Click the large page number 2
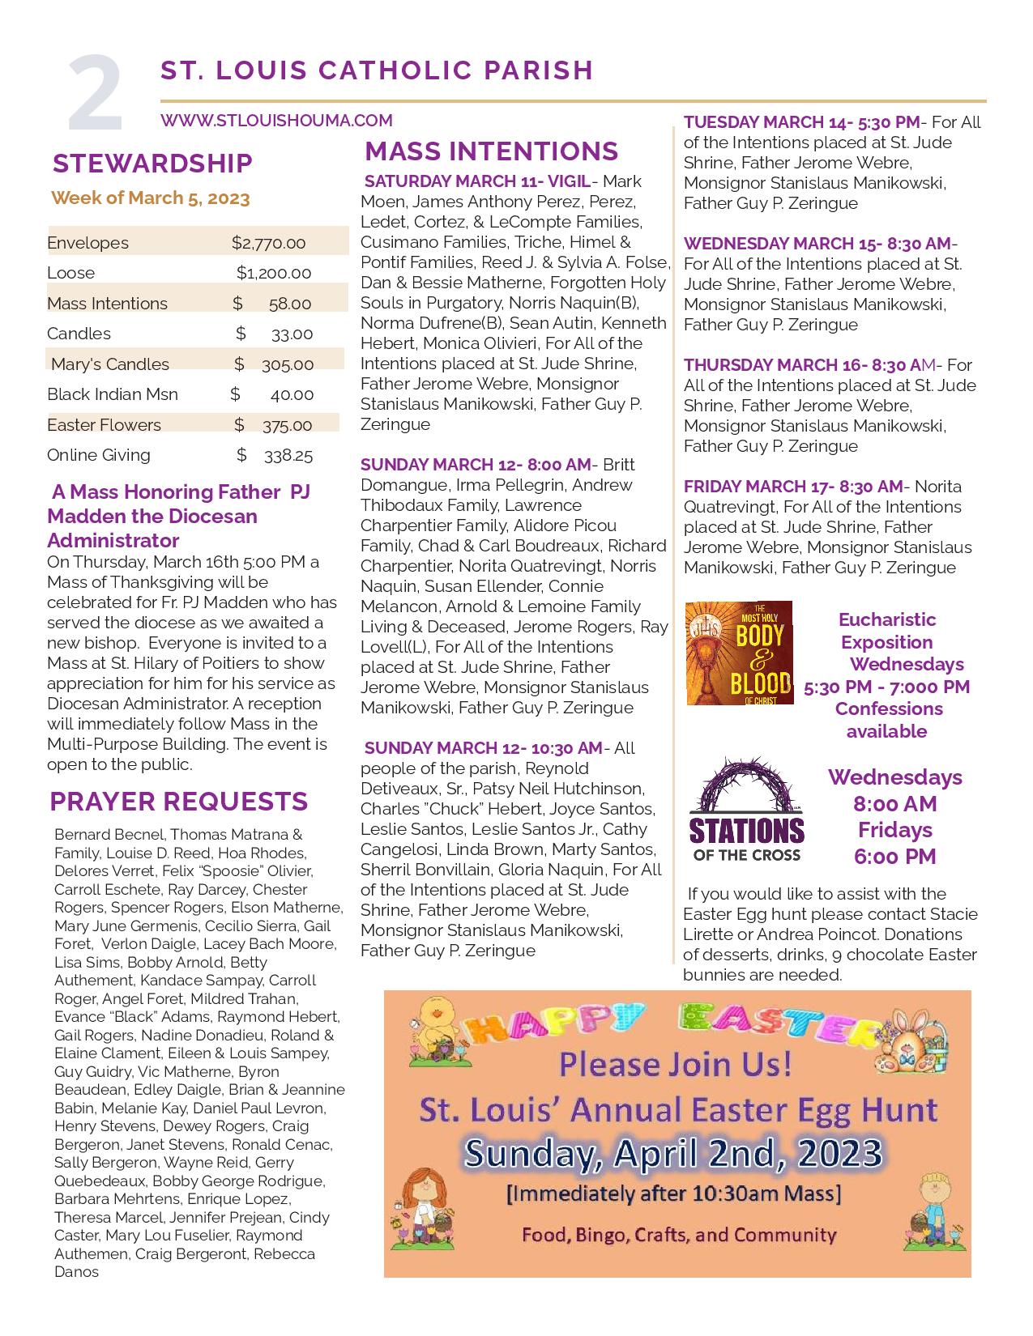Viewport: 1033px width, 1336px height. pos(96,96)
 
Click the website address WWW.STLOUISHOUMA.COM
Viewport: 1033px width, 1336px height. pos(276,121)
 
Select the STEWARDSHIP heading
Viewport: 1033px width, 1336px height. pos(152,164)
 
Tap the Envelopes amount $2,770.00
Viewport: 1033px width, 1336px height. pos(268,243)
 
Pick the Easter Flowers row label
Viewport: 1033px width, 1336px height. pos(104,425)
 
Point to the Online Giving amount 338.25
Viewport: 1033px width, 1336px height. pos(288,455)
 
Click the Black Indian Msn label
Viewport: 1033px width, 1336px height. pos(113,394)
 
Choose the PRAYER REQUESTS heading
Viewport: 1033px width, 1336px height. pos(178,802)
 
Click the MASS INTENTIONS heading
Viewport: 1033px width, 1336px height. pos(491,151)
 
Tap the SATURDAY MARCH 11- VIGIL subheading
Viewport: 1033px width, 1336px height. pos(477,181)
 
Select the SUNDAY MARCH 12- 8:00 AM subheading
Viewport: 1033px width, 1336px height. pos(476,465)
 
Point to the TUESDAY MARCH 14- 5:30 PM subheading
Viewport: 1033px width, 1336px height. pos(801,122)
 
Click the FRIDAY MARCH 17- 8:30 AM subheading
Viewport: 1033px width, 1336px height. pos(792,487)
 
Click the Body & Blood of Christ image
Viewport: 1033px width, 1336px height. pos(739,653)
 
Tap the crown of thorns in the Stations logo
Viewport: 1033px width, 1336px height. pos(746,787)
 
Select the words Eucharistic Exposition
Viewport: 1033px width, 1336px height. pos(886,631)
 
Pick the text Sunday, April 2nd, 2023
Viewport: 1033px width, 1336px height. pos(673,1153)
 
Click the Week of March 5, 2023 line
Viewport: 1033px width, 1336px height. pos(150,198)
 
